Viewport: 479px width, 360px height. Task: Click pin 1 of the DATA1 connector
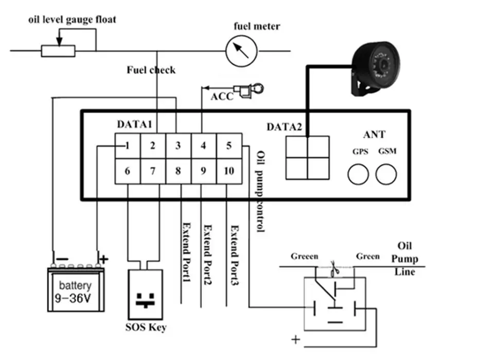127,146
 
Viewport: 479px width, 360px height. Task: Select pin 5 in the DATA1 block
228,146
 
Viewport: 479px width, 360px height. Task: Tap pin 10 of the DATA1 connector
228,171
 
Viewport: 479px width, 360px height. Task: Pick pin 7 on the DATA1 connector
153,171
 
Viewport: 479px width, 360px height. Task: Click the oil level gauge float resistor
59,50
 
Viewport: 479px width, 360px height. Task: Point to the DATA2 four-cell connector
307,157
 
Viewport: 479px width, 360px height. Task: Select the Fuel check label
151,70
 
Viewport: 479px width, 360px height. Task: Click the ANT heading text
374,134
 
